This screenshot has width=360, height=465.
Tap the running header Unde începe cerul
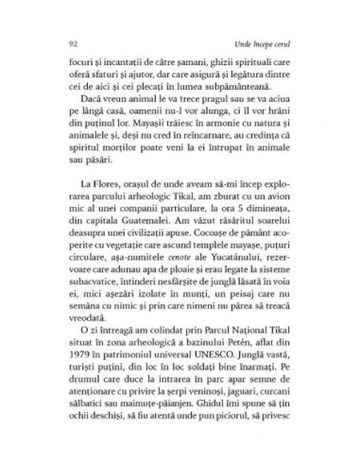point(269,44)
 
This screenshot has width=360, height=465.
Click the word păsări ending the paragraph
point(84,189)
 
